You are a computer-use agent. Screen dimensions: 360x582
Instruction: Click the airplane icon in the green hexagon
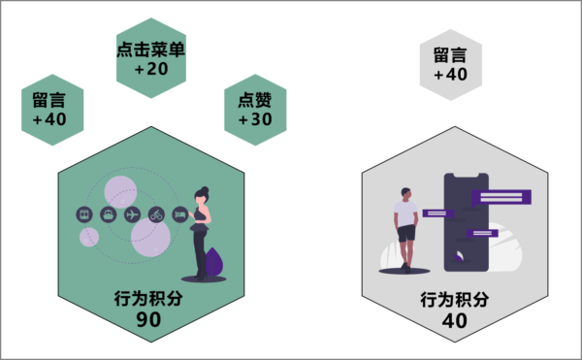[x=133, y=213]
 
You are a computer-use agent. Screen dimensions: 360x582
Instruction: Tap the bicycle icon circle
[x=156, y=213]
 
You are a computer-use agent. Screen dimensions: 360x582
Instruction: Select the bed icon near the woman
[x=179, y=213]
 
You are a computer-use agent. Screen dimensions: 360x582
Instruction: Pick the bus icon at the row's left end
[x=85, y=213]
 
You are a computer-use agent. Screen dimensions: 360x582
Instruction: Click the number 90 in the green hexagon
[x=148, y=319]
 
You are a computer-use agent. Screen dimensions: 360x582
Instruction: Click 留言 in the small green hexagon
[x=49, y=100]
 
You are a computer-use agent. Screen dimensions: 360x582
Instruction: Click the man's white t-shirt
[x=406, y=213]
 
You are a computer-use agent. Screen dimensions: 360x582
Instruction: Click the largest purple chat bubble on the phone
[x=501, y=196]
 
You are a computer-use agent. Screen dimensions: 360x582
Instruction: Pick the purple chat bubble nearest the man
[x=438, y=213]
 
